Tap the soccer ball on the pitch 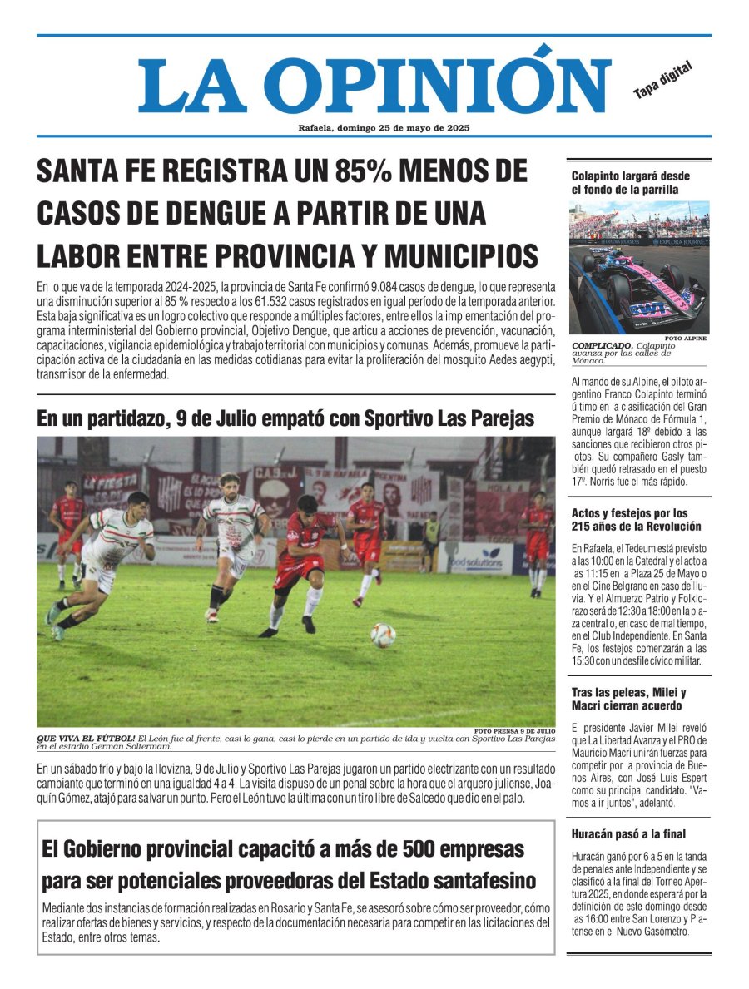[x=383, y=635]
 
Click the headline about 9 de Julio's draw [x=285, y=418]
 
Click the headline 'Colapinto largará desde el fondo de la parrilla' [x=630, y=182]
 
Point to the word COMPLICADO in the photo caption [x=601, y=345]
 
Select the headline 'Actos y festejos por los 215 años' [x=636, y=519]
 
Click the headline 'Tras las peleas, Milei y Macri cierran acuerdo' [x=628, y=699]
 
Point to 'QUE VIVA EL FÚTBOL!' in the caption [x=86, y=738]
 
